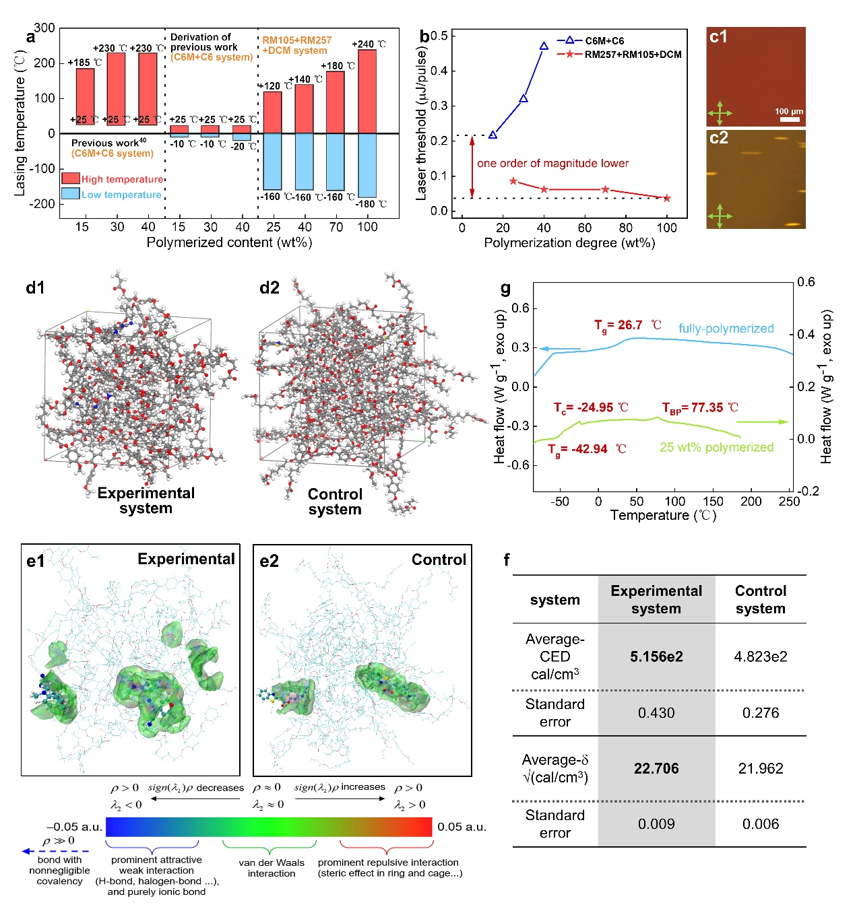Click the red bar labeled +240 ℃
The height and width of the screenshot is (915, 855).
coord(367,92)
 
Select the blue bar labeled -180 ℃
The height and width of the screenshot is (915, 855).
coord(367,165)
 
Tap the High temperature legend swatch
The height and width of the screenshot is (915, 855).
coord(71,178)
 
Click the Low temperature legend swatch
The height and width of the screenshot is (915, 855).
coord(71,194)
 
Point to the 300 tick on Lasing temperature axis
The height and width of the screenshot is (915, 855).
coord(45,28)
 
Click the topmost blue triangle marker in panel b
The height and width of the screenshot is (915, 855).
coord(544,46)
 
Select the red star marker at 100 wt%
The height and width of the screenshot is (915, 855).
coord(667,198)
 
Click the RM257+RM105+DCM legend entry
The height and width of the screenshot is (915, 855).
coord(633,55)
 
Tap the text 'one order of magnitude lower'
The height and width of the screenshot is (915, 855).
coord(552,164)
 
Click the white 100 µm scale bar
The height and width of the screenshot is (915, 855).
coord(790,119)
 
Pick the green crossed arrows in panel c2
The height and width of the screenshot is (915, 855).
coord(720,216)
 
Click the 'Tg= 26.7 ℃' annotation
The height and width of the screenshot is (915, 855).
coord(628,326)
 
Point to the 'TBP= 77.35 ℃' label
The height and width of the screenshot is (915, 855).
coord(700,408)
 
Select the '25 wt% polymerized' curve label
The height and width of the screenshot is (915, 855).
coord(716,448)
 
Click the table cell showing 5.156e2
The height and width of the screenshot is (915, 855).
coord(656,657)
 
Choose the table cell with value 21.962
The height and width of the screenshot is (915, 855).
coord(761,769)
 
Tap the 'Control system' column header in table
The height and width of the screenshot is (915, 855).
coord(761,600)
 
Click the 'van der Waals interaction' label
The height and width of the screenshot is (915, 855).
coord(272,868)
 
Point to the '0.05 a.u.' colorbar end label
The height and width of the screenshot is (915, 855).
coord(462,827)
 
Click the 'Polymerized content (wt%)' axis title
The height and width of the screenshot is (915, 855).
coord(229,243)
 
